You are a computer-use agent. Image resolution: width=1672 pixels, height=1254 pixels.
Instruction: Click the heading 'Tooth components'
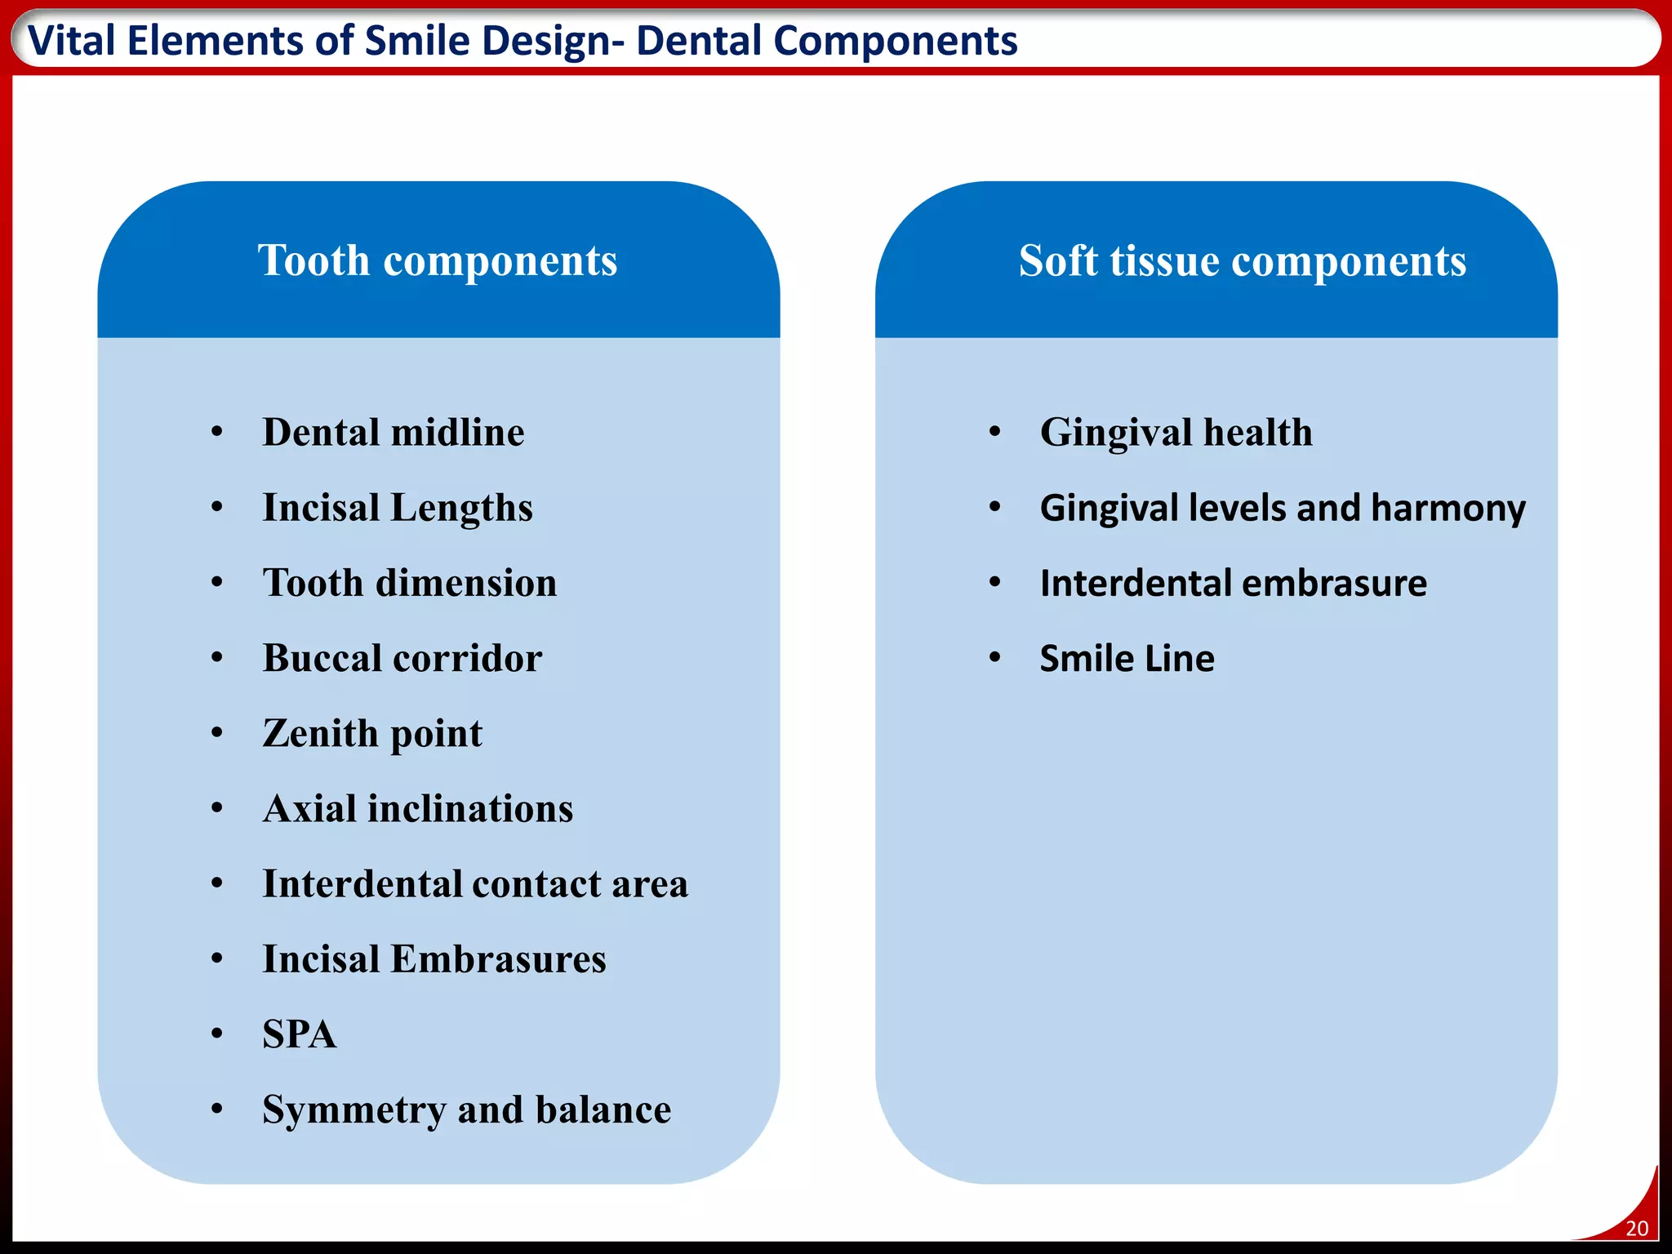click(438, 261)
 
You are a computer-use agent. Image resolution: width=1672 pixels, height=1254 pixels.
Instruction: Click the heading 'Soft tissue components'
click(1242, 261)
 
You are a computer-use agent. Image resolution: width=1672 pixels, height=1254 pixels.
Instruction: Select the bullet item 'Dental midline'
click(393, 432)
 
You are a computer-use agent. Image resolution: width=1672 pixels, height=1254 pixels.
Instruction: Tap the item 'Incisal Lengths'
click(397, 508)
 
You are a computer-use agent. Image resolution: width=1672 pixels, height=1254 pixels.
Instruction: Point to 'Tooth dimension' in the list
click(409, 583)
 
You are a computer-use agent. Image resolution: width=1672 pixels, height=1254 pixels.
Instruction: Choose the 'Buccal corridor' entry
click(402, 658)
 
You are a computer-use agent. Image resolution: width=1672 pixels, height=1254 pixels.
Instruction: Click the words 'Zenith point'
click(371, 733)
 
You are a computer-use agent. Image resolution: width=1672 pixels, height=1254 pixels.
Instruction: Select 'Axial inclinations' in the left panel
click(417, 808)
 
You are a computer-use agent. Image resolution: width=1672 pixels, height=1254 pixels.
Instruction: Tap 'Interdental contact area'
click(474, 883)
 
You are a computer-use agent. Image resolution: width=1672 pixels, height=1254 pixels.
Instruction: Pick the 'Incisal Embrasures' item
click(434, 958)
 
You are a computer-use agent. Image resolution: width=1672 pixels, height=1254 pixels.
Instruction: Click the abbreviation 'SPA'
click(299, 1034)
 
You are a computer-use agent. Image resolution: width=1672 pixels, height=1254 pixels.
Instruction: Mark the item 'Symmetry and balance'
click(466, 1109)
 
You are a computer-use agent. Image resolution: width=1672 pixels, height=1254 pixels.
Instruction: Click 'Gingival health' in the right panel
click(1176, 432)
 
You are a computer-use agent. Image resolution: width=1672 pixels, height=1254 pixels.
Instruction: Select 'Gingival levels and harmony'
click(1282, 508)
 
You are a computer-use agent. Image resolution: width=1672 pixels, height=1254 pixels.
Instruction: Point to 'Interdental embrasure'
click(1233, 583)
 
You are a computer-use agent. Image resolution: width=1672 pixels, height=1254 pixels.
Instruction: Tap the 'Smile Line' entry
click(1127, 658)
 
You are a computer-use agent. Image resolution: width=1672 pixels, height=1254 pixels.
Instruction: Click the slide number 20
click(1636, 1228)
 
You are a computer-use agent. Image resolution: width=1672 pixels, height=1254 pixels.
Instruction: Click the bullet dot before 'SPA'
click(216, 1034)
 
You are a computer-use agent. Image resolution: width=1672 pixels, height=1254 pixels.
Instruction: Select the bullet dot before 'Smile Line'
click(994, 657)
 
